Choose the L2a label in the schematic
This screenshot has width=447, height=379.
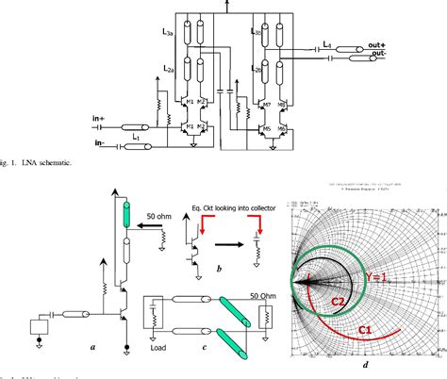pyautogui.click(x=169, y=68)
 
